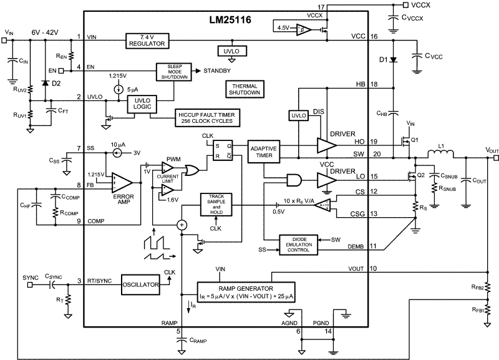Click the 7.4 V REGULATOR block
(148, 41)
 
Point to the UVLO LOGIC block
(143, 104)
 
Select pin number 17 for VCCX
(373, 7)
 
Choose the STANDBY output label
(216, 71)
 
